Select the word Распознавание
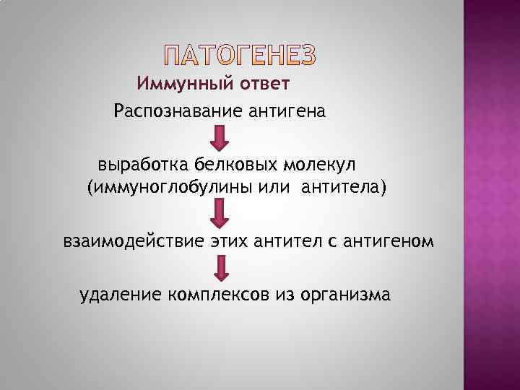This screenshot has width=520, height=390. click(x=170, y=112)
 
